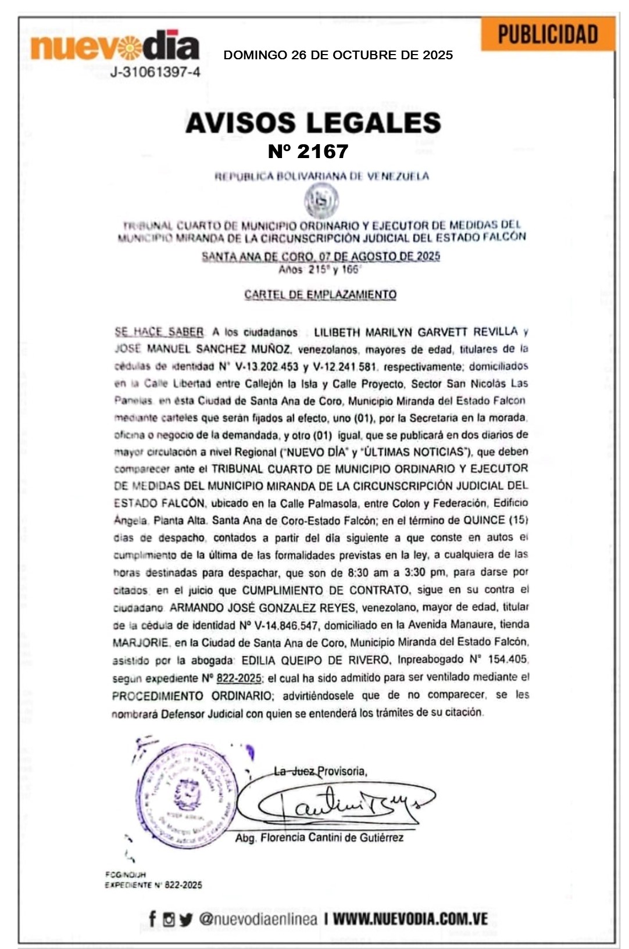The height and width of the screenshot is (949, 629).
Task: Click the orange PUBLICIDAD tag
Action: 548,34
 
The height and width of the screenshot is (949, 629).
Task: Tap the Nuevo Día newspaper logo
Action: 115,46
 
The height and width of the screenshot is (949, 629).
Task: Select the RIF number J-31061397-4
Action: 155,73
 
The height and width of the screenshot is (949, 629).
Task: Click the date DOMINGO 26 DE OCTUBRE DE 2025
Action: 338,55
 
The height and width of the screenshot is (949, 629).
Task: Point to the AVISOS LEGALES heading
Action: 313,123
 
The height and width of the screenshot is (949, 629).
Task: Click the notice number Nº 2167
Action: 308,152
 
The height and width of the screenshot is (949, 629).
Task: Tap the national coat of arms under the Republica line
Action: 321,201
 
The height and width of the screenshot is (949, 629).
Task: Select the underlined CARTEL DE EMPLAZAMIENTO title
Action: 320,295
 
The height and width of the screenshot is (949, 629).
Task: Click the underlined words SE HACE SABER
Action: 159,332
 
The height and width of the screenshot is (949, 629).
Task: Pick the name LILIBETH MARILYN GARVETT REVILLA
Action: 416,332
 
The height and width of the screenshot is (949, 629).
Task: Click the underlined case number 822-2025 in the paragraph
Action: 239,678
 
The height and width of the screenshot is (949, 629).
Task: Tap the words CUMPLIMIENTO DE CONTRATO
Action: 325,590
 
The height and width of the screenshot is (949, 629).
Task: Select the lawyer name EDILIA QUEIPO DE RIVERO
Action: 315,660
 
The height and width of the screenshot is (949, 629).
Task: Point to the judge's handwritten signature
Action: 343,805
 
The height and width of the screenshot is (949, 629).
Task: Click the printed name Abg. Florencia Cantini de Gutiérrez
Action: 319,838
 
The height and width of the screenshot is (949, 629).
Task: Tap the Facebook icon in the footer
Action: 152,919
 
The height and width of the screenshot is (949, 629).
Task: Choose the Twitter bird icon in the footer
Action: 185,919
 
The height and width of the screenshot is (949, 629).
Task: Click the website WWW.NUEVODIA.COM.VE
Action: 410,919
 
